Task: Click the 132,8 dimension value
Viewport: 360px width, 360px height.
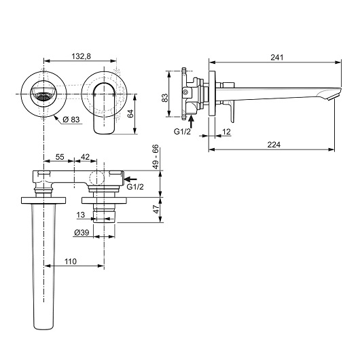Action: [82, 56]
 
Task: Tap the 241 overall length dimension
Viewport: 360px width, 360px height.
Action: [277, 57]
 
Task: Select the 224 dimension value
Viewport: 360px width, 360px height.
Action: [274, 145]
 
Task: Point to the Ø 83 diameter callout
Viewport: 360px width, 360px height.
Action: [71, 120]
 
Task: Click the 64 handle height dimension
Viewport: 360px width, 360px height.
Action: [130, 113]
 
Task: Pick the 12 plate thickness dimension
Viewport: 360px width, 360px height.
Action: [226, 132]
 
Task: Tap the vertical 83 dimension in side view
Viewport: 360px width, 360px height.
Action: [165, 98]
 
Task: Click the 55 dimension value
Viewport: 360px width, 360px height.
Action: [60, 157]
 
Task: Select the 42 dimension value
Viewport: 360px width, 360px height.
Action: [85, 157]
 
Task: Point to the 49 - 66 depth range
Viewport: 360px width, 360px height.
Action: [156, 157]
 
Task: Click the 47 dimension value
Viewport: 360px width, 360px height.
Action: [156, 209]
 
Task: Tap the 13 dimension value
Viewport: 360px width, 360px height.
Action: [81, 215]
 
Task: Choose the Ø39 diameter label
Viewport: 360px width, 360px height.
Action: [82, 232]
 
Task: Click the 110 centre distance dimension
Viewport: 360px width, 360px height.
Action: [71, 262]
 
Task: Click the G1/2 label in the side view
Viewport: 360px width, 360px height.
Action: [182, 132]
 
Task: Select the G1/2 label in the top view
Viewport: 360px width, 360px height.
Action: [135, 187]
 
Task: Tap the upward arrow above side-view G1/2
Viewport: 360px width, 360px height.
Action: [192, 122]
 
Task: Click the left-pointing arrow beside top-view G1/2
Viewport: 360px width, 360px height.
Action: [130, 179]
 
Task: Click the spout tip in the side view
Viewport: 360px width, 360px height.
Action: [332, 96]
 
